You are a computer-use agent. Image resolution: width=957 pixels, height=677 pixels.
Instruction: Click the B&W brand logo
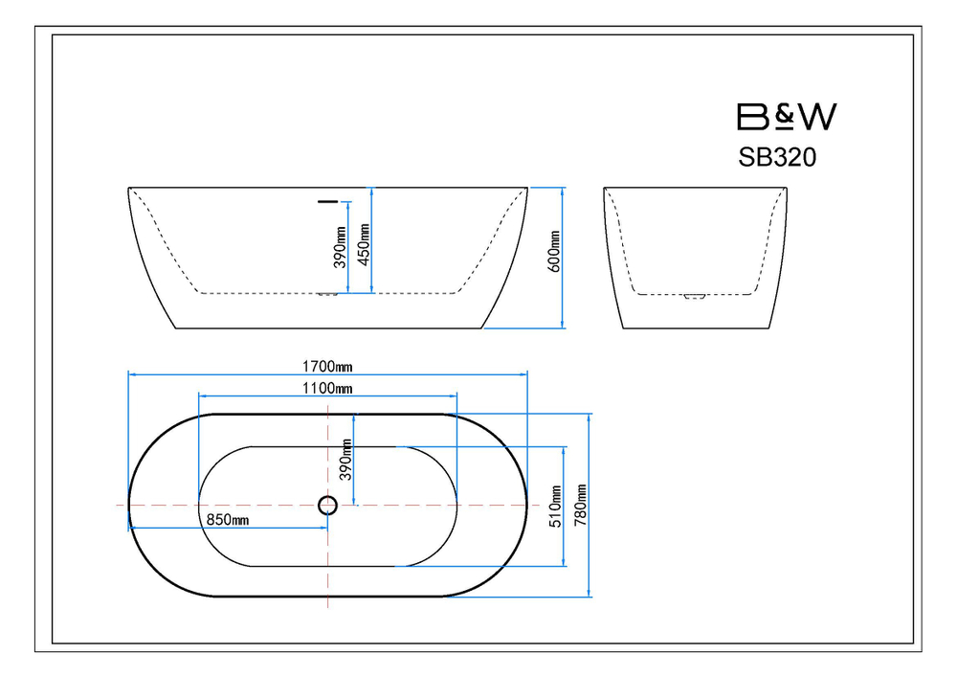pos(787,117)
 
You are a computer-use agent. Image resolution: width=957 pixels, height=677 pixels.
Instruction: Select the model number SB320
pos(777,157)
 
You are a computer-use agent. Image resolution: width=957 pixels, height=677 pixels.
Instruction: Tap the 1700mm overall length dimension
pos(327,367)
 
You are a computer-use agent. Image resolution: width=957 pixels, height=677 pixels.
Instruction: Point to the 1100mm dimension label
pos(327,388)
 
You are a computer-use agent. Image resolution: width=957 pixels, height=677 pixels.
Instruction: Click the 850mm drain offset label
pos(228,520)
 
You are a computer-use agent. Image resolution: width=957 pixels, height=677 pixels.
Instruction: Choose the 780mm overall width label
pos(581,505)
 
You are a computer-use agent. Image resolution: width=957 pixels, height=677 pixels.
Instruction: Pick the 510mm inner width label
pos(555,507)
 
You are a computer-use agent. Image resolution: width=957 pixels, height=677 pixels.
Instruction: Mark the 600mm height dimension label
pos(554,252)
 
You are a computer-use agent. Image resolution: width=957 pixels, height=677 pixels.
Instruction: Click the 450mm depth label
pos(364,245)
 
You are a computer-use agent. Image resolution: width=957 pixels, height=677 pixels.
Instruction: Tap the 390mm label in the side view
pos(341,247)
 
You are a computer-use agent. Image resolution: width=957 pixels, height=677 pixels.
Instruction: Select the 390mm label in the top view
pos(346,460)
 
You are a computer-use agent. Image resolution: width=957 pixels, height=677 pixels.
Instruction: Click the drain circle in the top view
pos(327,505)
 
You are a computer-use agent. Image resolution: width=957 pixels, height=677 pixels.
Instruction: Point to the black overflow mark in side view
pos(327,201)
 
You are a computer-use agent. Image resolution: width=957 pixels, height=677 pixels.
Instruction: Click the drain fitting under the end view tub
pos(695,297)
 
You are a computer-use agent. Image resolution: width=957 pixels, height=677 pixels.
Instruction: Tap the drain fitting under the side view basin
pos(327,295)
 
